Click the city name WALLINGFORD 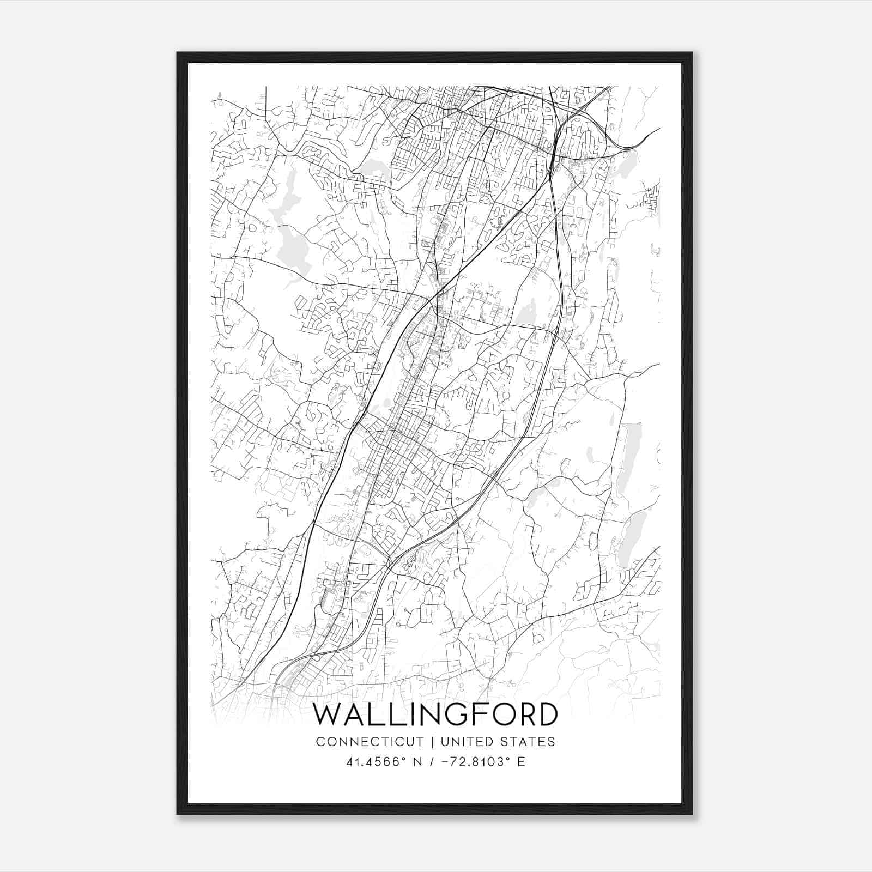pyautogui.click(x=435, y=714)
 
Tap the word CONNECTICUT pyautogui.click(x=370, y=742)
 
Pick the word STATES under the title pyautogui.click(x=528, y=742)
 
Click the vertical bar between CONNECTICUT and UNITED pyautogui.click(x=432, y=742)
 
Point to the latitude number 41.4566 pyautogui.click(x=370, y=762)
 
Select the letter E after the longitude pyautogui.click(x=521, y=762)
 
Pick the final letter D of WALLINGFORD pyautogui.click(x=546, y=714)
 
